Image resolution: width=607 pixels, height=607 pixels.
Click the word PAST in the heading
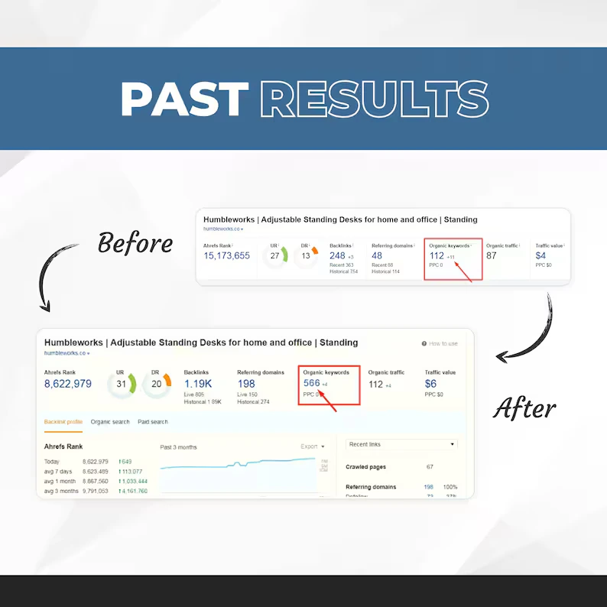(183, 99)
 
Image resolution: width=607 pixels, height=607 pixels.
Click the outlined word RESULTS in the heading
(374, 99)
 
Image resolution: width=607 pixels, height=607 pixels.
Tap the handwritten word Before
(135, 244)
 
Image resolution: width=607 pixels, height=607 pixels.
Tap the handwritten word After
(524, 409)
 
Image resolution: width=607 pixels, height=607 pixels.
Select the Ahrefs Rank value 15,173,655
(227, 256)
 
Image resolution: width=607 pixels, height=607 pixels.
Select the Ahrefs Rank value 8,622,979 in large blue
(68, 384)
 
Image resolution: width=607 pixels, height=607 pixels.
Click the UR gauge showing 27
(275, 256)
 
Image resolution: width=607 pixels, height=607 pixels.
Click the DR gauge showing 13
(306, 256)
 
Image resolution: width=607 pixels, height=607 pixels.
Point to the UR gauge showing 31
(122, 384)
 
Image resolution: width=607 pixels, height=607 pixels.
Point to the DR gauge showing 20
(157, 384)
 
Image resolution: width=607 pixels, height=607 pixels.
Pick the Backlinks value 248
(338, 256)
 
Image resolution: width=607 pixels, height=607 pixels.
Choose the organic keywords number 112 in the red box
(437, 256)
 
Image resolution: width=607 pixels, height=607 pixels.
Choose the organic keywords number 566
(312, 383)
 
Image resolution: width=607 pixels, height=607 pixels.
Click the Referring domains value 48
(377, 256)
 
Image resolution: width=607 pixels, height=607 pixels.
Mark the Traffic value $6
(431, 384)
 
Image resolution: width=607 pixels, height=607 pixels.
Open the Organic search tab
(110, 422)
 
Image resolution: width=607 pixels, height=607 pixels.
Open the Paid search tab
(153, 422)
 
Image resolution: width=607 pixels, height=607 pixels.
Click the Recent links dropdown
(401, 444)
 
